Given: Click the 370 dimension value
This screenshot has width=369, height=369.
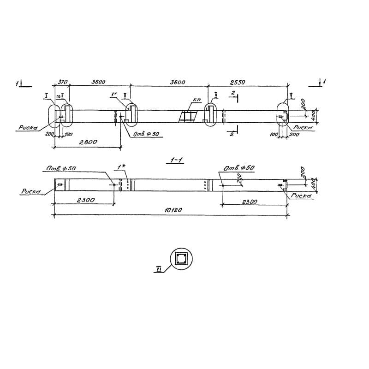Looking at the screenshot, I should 63,82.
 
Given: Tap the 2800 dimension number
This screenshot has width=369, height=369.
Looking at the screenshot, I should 88,143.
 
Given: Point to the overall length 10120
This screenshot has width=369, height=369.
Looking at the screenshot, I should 173,210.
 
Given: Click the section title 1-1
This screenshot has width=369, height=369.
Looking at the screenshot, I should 177,160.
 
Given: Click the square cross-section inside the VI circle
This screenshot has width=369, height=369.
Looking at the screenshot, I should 181,258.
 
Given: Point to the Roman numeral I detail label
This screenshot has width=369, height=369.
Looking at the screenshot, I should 47,95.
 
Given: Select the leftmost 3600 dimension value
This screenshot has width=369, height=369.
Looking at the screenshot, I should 98,82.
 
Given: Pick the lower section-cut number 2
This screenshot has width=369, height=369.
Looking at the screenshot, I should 232,134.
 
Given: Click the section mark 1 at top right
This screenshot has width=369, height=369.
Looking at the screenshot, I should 325,82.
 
